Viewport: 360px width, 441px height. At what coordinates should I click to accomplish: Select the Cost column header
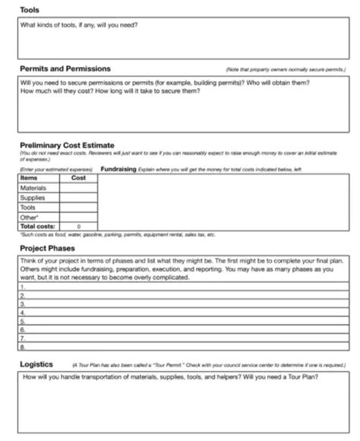click(78, 178)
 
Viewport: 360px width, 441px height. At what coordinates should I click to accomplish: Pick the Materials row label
click(33, 187)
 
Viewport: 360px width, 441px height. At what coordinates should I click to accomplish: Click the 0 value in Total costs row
click(79, 225)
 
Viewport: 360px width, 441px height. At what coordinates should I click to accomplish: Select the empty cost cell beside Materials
click(79, 187)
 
